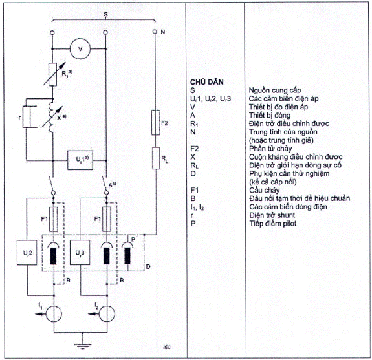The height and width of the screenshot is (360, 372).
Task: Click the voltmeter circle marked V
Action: (80, 49)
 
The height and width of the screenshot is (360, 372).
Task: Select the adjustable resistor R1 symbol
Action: (52, 74)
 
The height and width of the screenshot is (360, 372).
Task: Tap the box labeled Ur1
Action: (80, 160)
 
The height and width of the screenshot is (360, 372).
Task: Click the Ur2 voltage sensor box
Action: (27, 253)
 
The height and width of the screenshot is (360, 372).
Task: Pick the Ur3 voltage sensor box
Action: (80, 253)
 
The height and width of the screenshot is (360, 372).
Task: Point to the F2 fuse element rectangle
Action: (156, 123)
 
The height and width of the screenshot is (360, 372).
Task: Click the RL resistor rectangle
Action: (156, 158)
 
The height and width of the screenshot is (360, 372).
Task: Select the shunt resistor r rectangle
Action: (27, 117)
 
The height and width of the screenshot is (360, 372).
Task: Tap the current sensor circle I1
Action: (54, 313)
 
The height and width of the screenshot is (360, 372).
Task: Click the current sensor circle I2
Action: (107, 313)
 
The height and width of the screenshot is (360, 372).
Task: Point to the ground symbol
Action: (82, 345)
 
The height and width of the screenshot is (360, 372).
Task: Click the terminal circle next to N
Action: (155, 32)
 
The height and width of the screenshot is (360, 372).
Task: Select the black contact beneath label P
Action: (127, 256)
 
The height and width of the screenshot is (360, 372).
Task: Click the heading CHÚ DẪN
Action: (207, 82)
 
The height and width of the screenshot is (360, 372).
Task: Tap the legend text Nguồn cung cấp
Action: (275, 90)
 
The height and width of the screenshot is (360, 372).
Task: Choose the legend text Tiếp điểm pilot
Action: (272, 223)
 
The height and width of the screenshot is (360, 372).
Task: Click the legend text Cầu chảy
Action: (265, 190)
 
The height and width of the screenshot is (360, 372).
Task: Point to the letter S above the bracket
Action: (106, 14)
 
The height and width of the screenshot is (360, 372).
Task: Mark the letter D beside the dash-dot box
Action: (148, 267)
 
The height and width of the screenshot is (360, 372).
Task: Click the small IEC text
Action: (167, 348)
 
